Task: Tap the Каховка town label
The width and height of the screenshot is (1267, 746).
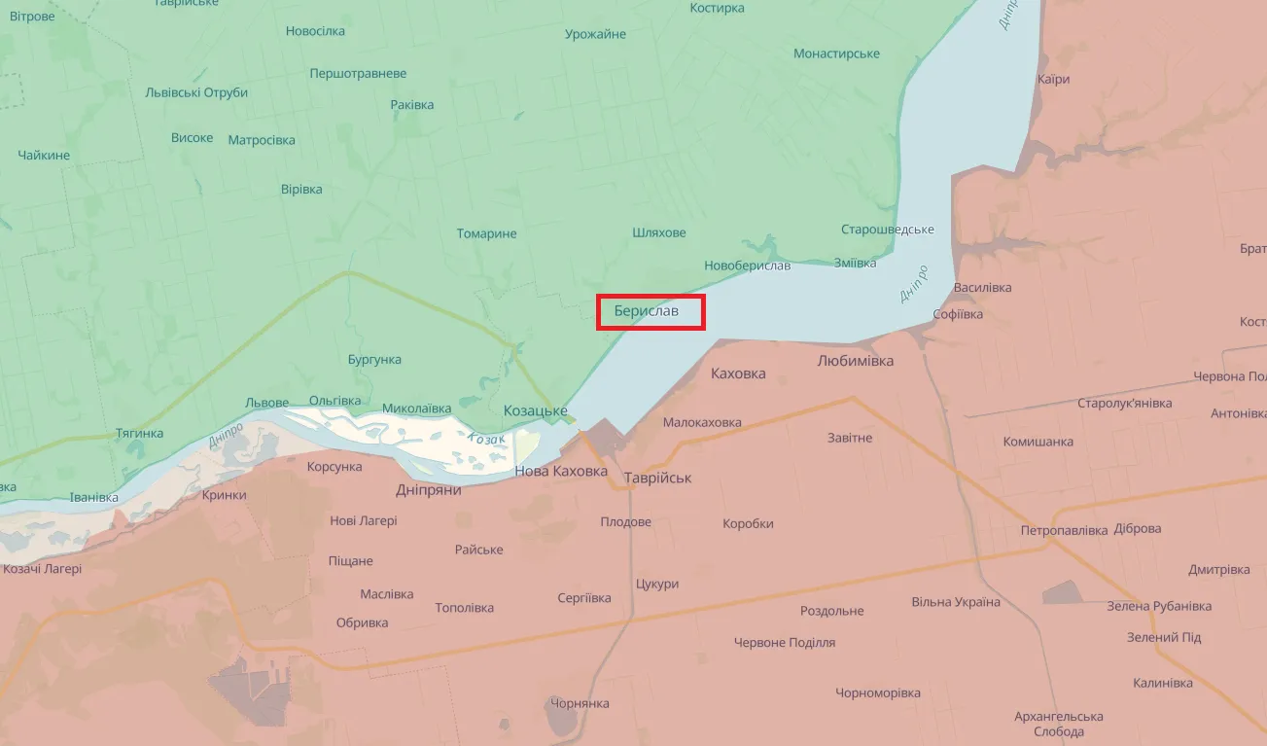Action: (738, 373)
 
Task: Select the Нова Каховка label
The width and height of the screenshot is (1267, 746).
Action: (559, 472)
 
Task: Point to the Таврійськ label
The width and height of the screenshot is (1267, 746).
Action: (658, 478)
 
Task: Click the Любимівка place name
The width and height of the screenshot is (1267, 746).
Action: (855, 361)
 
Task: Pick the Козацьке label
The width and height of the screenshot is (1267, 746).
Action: (535, 411)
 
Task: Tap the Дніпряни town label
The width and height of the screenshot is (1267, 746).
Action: (428, 490)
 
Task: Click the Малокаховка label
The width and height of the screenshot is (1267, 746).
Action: (702, 422)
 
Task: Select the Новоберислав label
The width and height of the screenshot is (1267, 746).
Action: (747, 266)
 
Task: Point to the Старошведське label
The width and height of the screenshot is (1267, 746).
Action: (887, 230)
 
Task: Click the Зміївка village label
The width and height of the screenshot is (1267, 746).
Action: (855, 263)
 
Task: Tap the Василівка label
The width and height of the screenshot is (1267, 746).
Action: (982, 288)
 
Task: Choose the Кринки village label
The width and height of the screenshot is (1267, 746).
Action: (224, 495)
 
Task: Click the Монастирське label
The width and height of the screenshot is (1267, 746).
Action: (836, 53)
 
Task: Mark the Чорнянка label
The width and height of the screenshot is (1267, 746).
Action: (580, 703)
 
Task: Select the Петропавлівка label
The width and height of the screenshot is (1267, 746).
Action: (1064, 531)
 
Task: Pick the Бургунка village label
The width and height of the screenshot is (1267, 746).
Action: (374, 360)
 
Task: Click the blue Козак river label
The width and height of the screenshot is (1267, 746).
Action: (486, 439)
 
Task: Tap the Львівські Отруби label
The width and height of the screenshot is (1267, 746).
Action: (195, 92)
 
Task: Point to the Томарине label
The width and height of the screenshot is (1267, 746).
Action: (486, 233)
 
